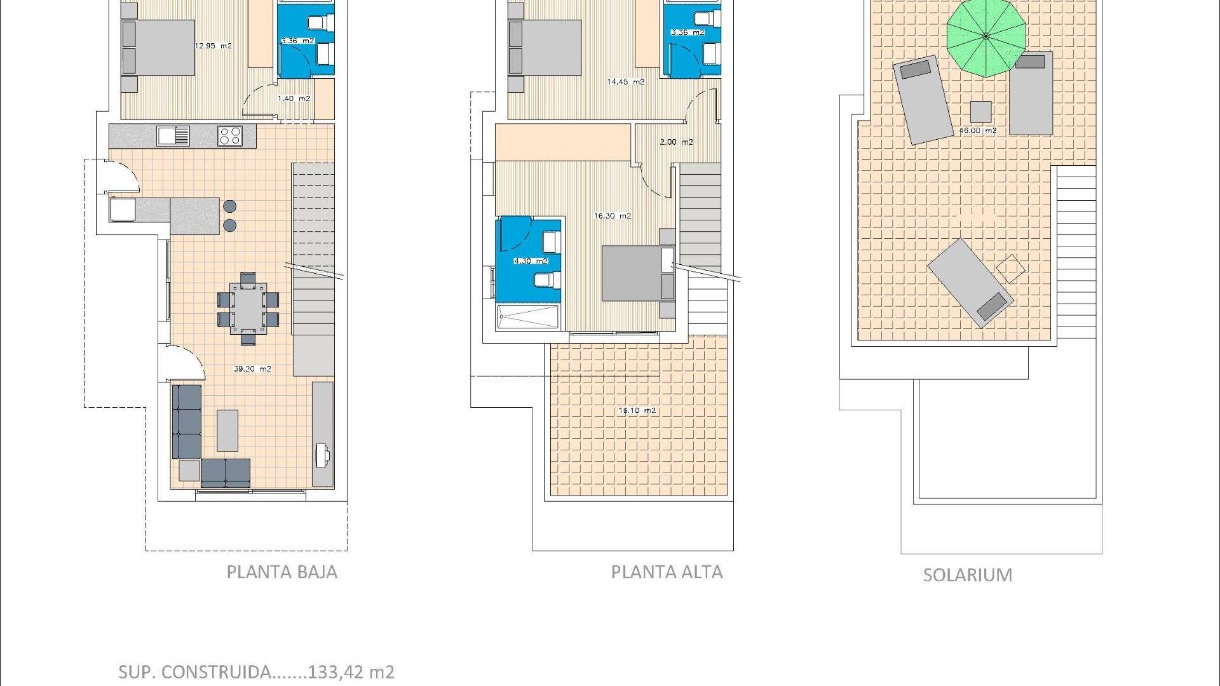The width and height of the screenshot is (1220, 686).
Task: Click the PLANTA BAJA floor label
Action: point(282,572)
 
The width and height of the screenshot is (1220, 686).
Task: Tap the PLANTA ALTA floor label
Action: point(667,572)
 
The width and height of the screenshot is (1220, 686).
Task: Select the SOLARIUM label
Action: point(968,575)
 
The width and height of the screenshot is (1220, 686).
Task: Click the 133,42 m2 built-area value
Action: point(351,672)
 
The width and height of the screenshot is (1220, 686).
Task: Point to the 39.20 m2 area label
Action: point(253,369)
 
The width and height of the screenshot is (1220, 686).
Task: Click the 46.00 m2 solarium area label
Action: point(978,131)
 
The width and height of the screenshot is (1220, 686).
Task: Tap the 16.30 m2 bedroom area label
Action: point(613,216)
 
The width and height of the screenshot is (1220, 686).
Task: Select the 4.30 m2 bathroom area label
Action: point(530,261)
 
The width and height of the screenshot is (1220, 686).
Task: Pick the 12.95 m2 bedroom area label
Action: point(213,46)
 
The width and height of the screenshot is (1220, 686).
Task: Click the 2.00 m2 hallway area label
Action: point(676,142)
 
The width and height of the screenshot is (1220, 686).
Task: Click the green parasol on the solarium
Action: point(986,37)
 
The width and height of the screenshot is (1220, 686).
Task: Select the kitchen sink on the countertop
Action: point(173,136)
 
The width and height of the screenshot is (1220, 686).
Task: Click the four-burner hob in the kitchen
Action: point(230,136)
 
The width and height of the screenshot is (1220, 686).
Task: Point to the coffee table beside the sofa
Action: point(227,430)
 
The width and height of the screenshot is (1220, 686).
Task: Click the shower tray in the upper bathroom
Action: point(528,318)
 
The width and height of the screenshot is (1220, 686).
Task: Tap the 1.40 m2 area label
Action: point(294,99)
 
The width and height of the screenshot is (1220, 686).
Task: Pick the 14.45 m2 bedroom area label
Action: point(626,82)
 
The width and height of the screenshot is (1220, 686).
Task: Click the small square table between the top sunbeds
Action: point(980,112)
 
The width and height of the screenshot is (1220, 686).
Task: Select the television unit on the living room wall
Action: point(323,434)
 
